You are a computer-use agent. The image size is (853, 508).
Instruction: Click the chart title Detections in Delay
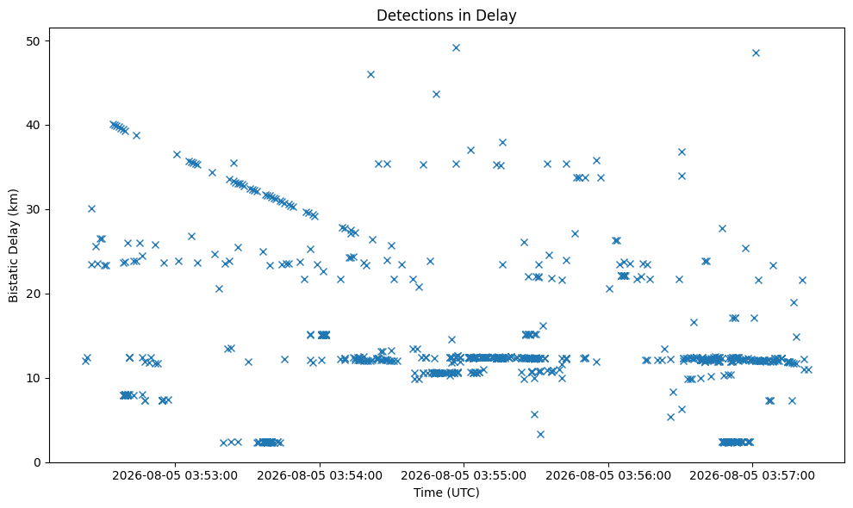click(x=446, y=15)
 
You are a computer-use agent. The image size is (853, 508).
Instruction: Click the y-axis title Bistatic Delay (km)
click(x=14, y=245)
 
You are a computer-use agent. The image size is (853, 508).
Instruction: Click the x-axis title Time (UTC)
click(x=446, y=493)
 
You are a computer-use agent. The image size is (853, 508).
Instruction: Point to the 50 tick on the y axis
click(x=34, y=41)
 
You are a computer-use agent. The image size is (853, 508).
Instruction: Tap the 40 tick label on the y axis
click(x=34, y=126)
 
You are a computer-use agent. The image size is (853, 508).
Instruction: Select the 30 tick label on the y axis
click(x=34, y=210)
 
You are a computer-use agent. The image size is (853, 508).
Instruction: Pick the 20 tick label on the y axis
click(x=34, y=294)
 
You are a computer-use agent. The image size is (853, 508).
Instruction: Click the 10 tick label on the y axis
click(x=34, y=379)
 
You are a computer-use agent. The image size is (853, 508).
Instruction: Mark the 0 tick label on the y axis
click(x=38, y=463)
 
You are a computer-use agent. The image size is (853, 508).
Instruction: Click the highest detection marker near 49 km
click(x=456, y=48)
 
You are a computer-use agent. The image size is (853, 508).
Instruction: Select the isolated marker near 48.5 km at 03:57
click(x=756, y=53)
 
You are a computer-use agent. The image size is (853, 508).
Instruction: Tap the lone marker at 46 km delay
click(x=370, y=75)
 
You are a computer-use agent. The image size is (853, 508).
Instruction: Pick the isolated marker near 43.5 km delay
click(x=436, y=94)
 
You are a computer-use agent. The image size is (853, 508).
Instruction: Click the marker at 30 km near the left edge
click(x=91, y=209)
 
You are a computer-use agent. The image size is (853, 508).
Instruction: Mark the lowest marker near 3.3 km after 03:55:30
click(x=540, y=434)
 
